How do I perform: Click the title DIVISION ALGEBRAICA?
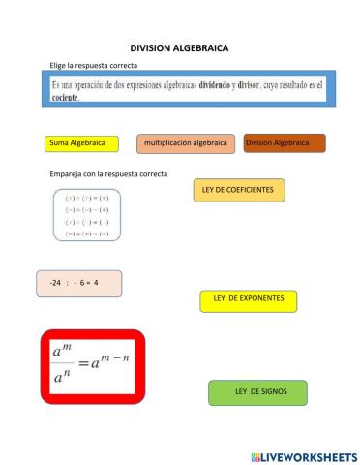(x=179, y=46)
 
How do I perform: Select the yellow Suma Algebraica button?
(x=81, y=143)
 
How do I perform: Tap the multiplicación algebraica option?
(x=185, y=143)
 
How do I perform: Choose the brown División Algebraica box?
(x=285, y=143)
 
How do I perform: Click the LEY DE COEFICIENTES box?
(x=239, y=190)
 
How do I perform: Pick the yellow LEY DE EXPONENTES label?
(x=248, y=299)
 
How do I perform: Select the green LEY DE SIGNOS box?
(x=257, y=391)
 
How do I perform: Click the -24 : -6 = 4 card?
(x=79, y=283)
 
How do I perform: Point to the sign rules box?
(x=86, y=215)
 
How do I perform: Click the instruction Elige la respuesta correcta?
(x=94, y=65)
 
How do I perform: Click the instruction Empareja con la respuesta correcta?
(x=107, y=173)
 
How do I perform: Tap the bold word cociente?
(x=64, y=98)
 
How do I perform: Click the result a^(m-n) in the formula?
(x=111, y=364)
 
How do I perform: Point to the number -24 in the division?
(x=55, y=283)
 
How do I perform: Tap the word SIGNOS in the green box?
(x=273, y=391)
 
